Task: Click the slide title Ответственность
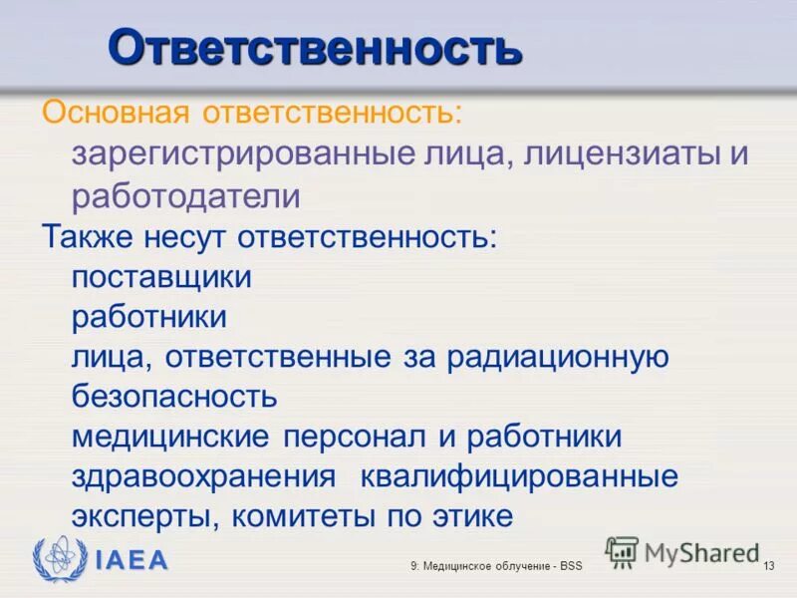pos(314,47)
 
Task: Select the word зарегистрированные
pos(243,154)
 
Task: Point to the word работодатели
pos(185,195)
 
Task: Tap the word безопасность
pos(174,397)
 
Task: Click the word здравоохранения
pos(203,476)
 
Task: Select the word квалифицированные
pos(519,476)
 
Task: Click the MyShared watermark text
pos(701,551)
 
